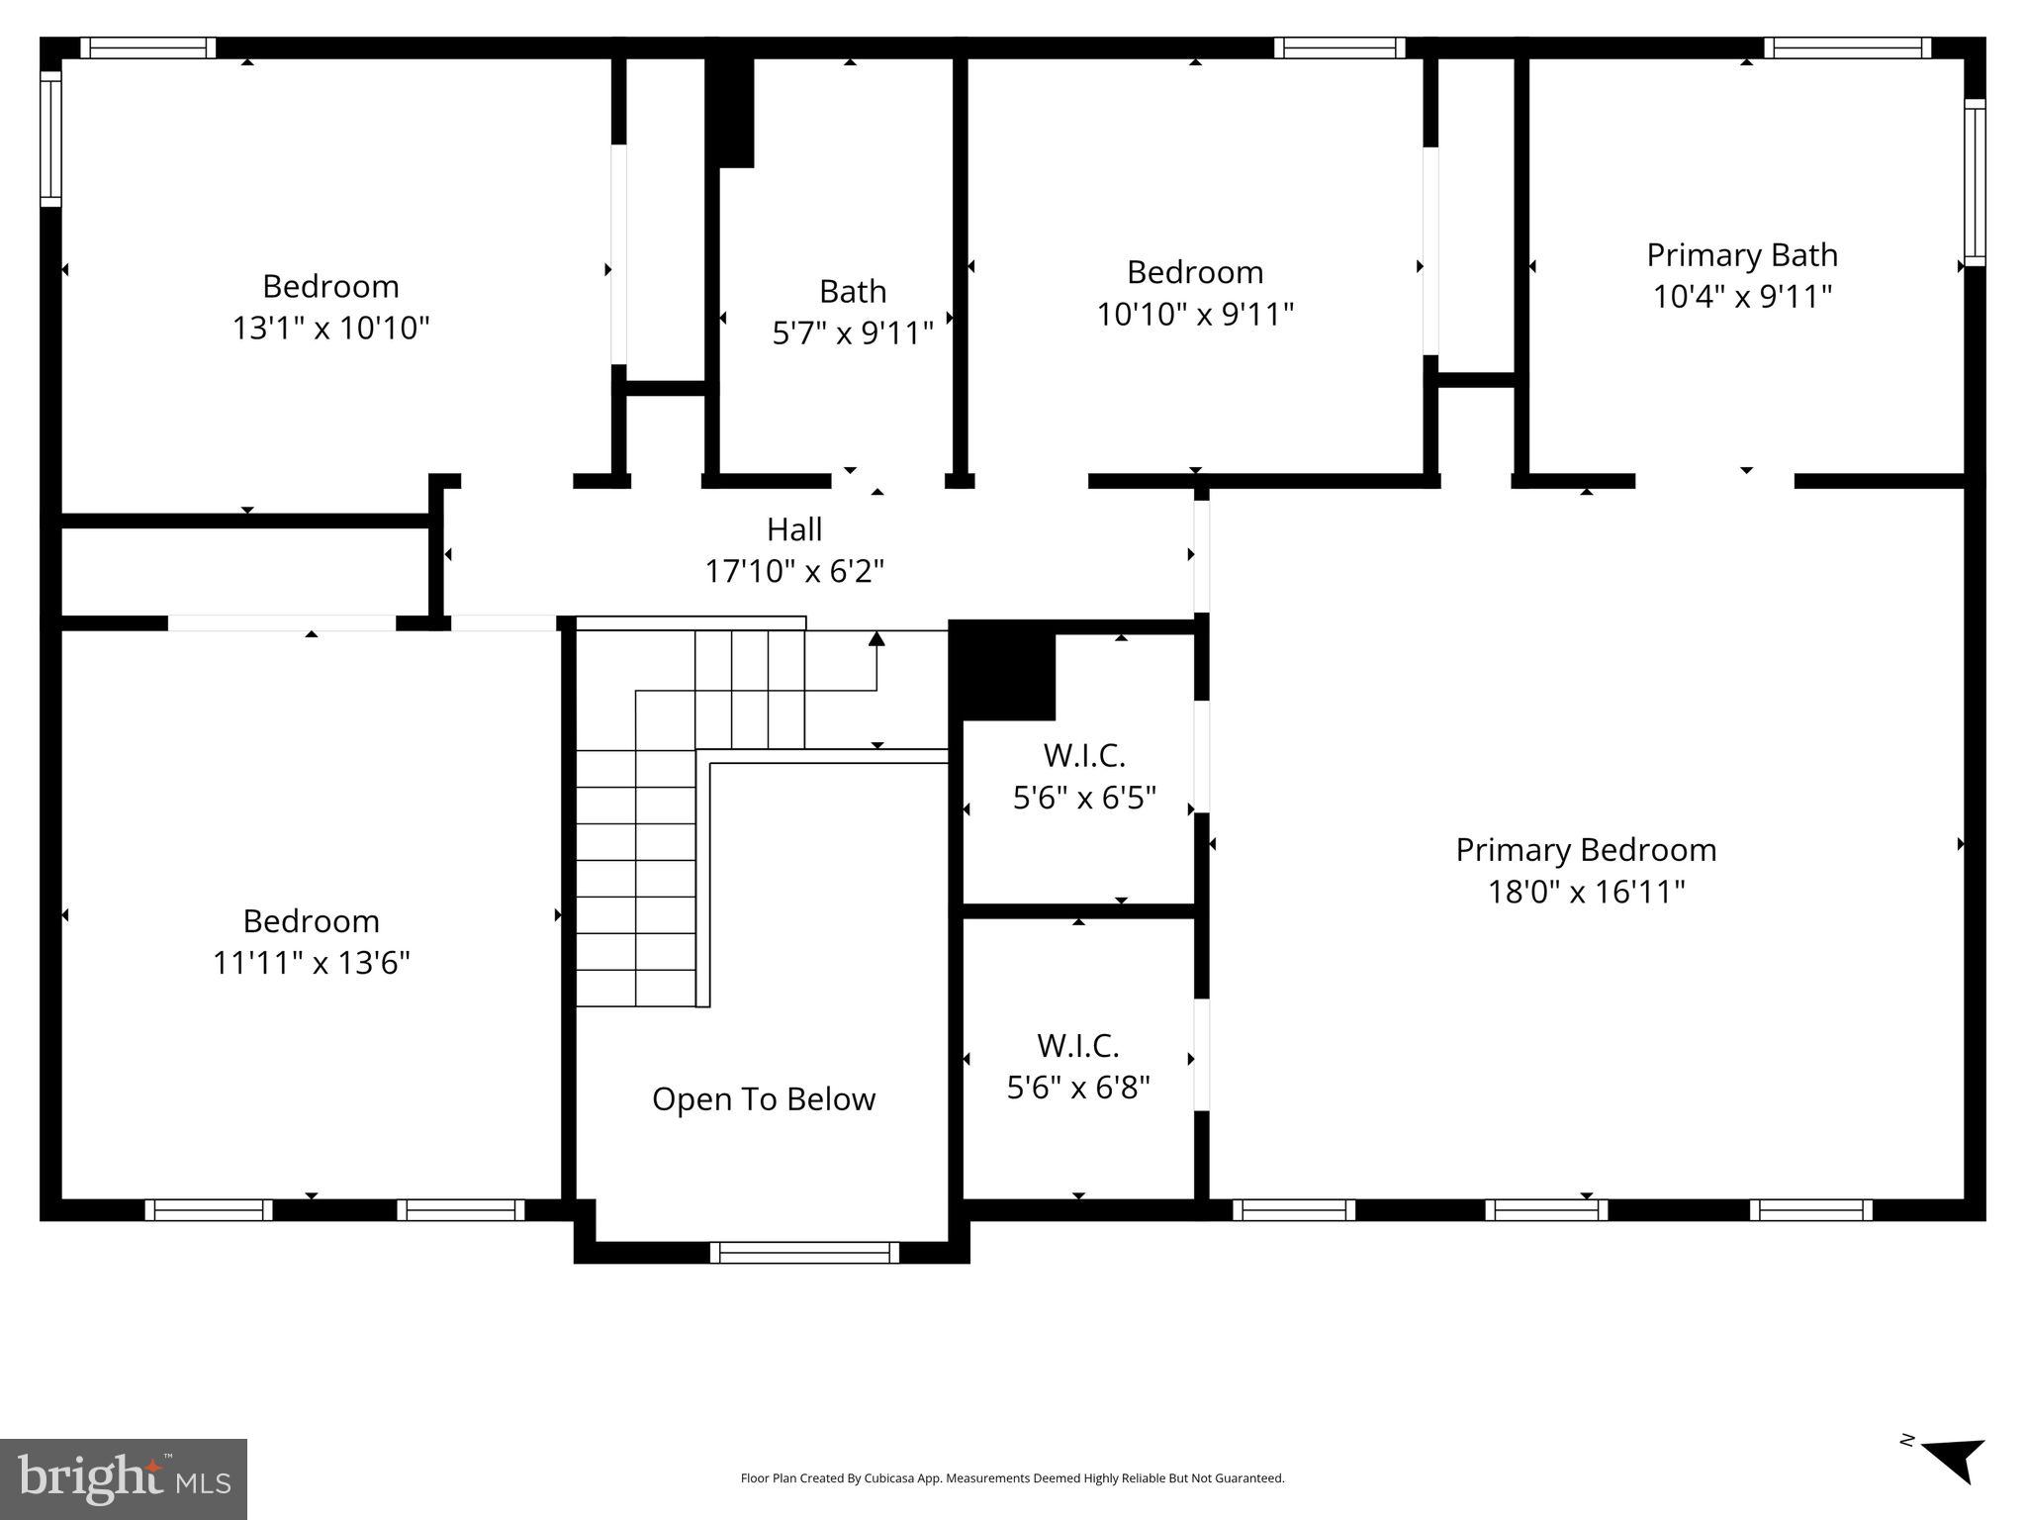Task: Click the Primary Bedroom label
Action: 1585,850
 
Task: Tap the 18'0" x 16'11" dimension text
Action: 1585,892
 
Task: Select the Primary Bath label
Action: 1741,255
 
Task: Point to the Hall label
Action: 794,529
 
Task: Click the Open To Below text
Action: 764,1099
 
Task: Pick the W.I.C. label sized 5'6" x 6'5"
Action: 1084,756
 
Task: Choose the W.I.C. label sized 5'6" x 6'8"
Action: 1078,1046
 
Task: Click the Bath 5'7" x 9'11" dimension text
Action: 853,333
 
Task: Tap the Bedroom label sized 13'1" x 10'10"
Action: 330,286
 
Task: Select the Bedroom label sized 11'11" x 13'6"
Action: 311,921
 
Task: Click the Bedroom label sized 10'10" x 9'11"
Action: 1195,272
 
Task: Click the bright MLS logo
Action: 124,1478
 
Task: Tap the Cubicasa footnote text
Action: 1012,1478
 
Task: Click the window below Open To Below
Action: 804,1253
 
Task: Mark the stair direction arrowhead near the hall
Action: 876,639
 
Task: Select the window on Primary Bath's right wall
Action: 1974,183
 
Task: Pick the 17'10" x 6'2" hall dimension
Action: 794,571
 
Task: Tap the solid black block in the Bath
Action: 731,112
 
